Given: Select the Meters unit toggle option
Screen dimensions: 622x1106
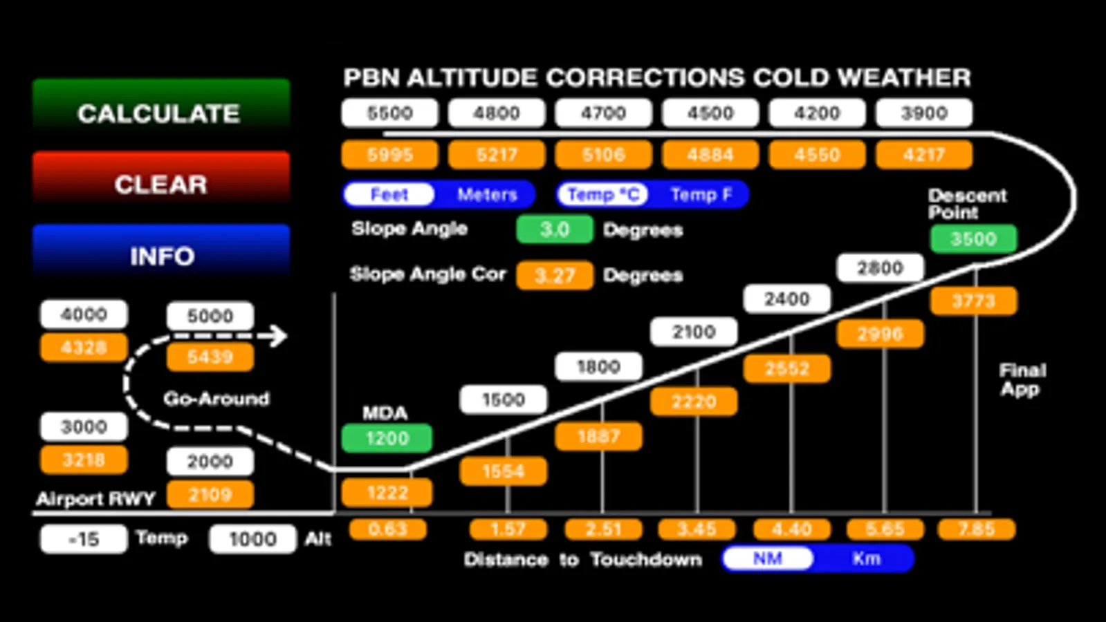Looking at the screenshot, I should (x=487, y=194).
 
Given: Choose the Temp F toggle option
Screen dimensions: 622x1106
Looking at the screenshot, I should (x=701, y=194).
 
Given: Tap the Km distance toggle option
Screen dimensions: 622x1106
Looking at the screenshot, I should (x=866, y=558).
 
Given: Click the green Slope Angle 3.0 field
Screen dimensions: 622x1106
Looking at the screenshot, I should (x=554, y=229).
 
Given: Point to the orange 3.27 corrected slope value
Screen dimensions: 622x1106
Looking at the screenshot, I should (x=554, y=275).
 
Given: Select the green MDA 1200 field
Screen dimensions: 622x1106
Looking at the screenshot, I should (x=387, y=438).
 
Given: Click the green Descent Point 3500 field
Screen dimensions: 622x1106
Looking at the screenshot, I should (x=973, y=239).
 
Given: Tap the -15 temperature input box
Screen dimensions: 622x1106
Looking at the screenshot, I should (x=84, y=538).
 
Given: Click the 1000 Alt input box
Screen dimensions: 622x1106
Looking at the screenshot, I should (x=252, y=539).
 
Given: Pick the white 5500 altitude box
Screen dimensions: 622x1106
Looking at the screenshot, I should (x=389, y=113).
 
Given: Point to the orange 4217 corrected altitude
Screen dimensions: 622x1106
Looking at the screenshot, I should (x=923, y=155).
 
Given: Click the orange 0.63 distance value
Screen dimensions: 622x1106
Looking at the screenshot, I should (x=387, y=529).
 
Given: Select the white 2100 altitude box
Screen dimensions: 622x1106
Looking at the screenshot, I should (x=693, y=332).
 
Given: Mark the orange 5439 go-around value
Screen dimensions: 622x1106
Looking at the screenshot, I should (x=210, y=357).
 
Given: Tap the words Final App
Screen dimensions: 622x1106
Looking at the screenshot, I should (x=1022, y=379).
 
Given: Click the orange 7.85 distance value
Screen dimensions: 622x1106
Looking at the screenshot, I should (x=976, y=529).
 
